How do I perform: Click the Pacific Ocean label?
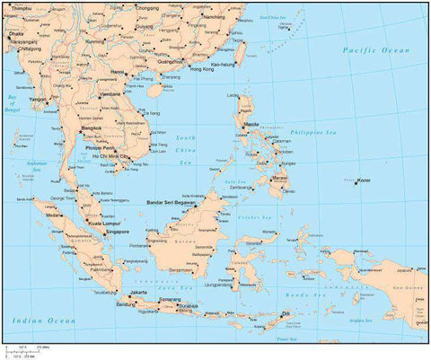pyautogui.click(x=376, y=51)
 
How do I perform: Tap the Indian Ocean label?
pyautogui.click(x=39, y=320)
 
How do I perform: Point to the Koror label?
pyautogui.click(x=364, y=181)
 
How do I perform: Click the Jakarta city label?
pyautogui.click(x=138, y=293)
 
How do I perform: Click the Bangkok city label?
pyautogui.click(x=92, y=128)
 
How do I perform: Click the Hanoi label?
pyautogui.click(x=117, y=72)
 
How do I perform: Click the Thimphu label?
pyautogui.click(x=21, y=7)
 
